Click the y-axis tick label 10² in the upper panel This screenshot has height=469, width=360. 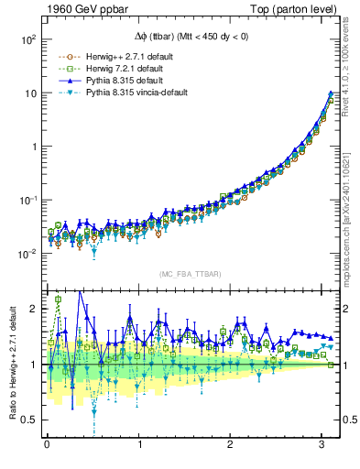pyautogui.click(x=27, y=40)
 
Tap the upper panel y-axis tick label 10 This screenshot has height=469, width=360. pyautogui.click(x=29, y=93)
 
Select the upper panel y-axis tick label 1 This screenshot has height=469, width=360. pyautogui.click(x=32, y=147)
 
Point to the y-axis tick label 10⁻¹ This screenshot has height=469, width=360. pyautogui.click(x=27, y=200)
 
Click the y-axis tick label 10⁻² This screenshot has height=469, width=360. pyautogui.click(x=27, y=253)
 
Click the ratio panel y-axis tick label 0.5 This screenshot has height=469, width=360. pyautogui.click(x=28, y=420)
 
